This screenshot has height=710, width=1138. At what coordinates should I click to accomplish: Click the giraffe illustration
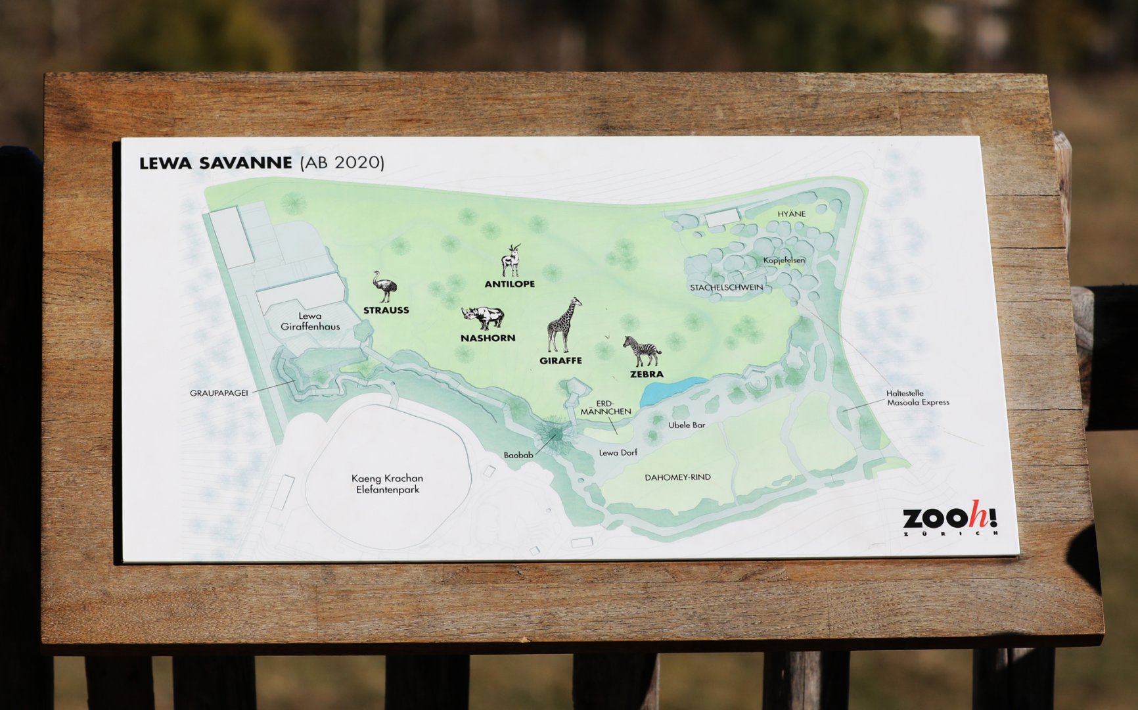(x=563, y=325)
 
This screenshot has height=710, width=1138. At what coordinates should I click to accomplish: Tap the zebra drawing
(x=642, y=351)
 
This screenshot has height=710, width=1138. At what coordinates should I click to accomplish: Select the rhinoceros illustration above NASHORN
(x=483, y=318)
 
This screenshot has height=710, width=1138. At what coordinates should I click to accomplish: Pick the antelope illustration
(x=511, y=261)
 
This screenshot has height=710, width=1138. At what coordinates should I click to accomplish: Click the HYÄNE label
(x=791, y=214)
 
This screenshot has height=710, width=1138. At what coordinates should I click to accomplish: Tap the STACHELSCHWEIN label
(x=726, y=287)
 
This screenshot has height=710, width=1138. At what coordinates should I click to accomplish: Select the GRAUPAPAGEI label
(x=219, y=393)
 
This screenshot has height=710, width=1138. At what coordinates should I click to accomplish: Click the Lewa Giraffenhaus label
(x=310, y=321)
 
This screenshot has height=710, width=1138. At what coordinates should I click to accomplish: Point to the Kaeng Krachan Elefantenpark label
(x=387, y=484)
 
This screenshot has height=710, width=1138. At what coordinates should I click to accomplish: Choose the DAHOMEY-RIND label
(x=677, y=477)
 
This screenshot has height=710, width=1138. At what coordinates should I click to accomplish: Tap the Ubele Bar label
(x=687, y=425)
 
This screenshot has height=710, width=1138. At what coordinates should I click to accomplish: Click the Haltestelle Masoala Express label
(x=917, y=398)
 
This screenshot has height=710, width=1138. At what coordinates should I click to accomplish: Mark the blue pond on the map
(x=671, y=389)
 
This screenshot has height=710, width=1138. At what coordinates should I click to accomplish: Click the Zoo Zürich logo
(x=950, y=519)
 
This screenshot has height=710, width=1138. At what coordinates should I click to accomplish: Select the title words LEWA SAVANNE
(x=216, y=163)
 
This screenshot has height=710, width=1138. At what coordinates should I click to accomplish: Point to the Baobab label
(x=518, y=455)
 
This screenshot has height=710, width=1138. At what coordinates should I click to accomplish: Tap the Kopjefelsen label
(x=784, y=260)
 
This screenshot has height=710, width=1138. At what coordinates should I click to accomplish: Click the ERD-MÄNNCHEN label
(x=605, y=408)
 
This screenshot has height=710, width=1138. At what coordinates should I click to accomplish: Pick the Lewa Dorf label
(x=618, y=453)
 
